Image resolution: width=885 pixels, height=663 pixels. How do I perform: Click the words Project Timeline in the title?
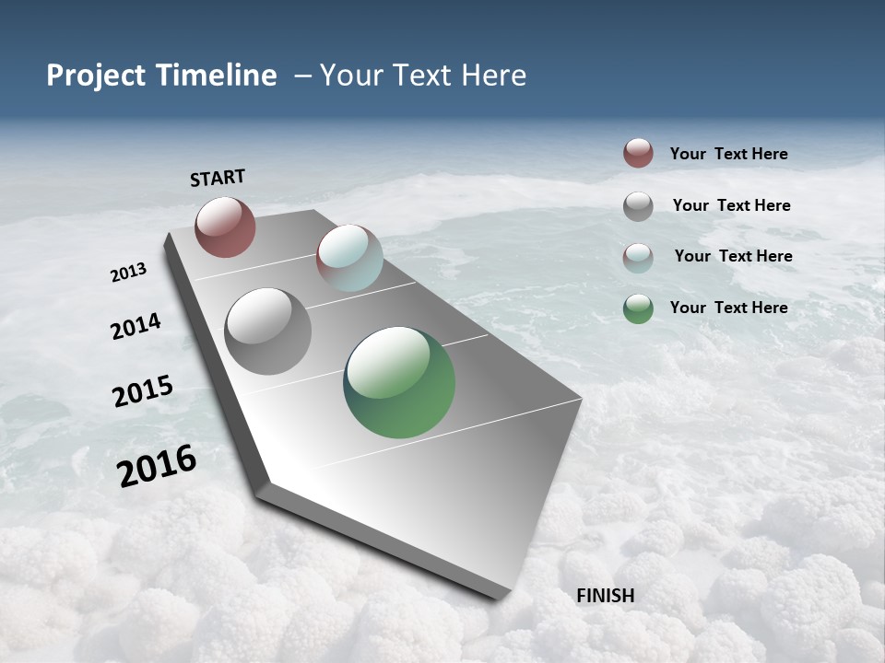tap(161, 76)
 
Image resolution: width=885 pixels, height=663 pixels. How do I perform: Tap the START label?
tap(218, 178)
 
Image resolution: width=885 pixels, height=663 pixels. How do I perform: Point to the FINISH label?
tap(606, 596)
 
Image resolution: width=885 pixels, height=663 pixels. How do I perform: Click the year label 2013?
tap(128, 273)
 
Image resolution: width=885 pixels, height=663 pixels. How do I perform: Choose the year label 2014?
tap(136, 327)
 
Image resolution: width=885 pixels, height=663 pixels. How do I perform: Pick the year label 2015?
tap(143, 391)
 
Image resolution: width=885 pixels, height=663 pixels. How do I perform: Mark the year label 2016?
tap(157, 466)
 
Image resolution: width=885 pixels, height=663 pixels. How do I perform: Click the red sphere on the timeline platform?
tap(225, 227)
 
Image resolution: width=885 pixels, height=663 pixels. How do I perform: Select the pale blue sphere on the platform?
tap(349, 258)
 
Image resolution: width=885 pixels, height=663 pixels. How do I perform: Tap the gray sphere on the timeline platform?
tap(268, 331)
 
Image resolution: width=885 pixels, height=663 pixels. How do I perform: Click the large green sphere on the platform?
tap(399, 382)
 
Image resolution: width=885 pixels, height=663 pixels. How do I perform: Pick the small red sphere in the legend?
tap(638, 154)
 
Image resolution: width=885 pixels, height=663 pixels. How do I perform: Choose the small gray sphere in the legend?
tap(638, 206)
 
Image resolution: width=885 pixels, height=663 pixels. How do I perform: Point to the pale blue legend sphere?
tap(638, 258)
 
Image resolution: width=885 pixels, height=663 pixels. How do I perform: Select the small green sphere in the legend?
tap(638, 308)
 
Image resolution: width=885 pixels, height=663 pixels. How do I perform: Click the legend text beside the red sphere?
tap(728, 154)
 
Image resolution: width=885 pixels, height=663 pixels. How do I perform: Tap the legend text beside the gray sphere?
tap(731, 205)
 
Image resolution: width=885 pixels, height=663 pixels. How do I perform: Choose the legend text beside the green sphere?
tap(728, 308)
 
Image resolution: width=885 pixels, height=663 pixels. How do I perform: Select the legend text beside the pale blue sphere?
tap(733, 256)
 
